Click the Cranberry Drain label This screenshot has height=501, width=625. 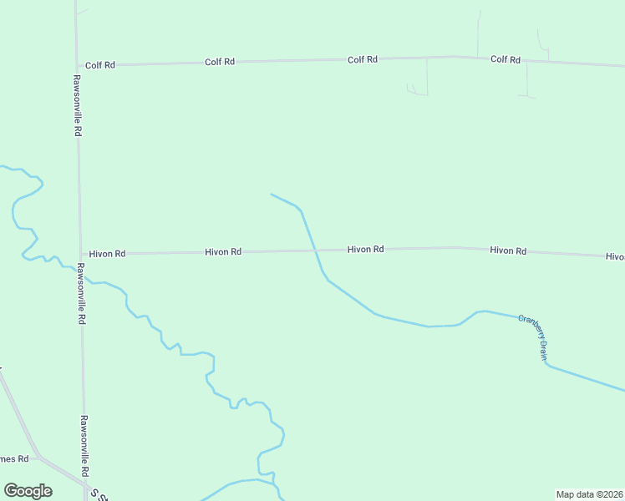[532, 337]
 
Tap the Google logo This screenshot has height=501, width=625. [28, 490]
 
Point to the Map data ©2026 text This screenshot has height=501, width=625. [590, 494]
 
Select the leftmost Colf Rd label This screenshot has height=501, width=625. [100, 64]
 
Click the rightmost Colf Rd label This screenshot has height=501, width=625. [506, 59]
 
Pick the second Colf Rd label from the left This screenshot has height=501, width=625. [219, 62]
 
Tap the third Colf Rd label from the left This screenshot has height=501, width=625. [363, 59]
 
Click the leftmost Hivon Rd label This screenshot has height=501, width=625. [107, 253]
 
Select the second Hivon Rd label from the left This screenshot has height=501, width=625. [223, 251]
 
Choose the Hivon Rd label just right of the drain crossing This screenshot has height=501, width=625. [365, 249]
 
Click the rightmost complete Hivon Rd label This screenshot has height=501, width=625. [508, 250]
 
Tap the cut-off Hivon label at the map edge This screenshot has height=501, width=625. [615, 256]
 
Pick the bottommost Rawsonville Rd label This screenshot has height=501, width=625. [84, 446]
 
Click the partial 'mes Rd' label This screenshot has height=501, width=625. [15, 458]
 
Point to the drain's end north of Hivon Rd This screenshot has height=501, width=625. [271, 195]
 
